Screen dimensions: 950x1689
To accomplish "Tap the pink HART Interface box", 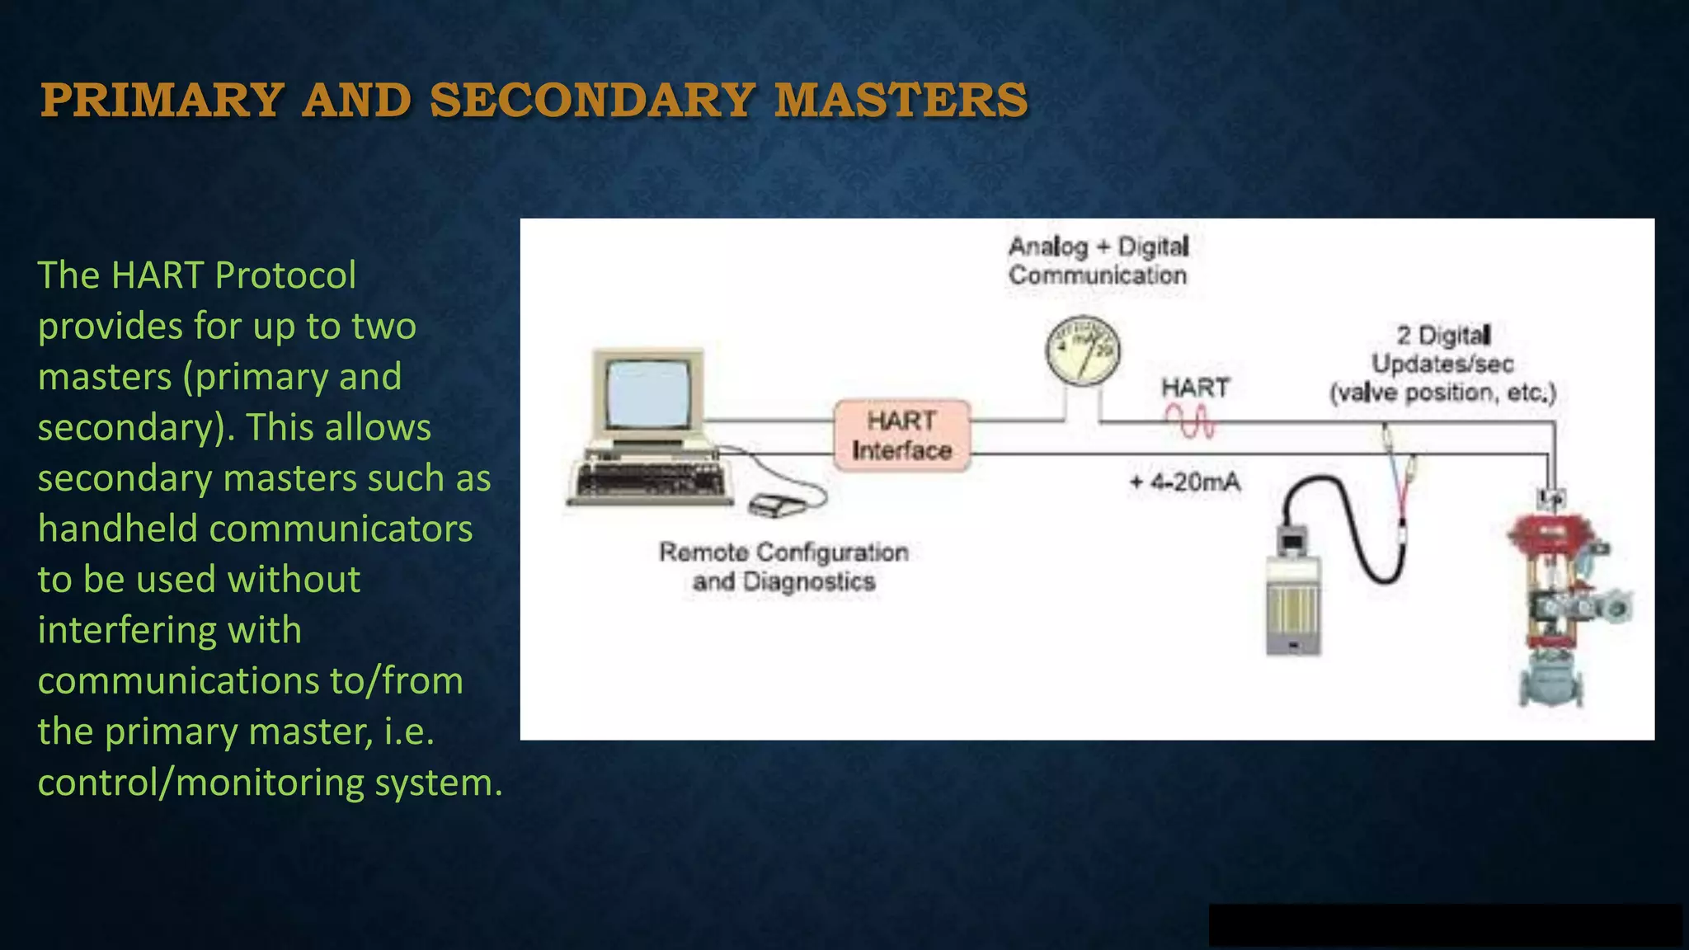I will tap(901, 435).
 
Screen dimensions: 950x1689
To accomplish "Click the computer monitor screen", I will tap(648, 393).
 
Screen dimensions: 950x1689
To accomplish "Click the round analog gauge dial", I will tap(1083, 350).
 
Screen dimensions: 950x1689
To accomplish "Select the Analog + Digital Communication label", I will tap(1098, 261).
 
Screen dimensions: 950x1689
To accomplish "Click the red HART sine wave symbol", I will tap(1189, 422).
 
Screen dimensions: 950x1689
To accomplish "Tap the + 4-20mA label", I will tap(1184, 482).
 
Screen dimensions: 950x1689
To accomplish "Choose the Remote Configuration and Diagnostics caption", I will tap(783, 567).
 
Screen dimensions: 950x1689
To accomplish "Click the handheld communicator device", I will tap(1293, 594).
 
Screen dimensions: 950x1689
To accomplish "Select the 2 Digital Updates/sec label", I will tap(1442, 364).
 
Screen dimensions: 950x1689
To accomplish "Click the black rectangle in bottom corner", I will tap(1444, 924).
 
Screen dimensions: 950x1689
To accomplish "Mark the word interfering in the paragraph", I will tap(169, 630).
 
